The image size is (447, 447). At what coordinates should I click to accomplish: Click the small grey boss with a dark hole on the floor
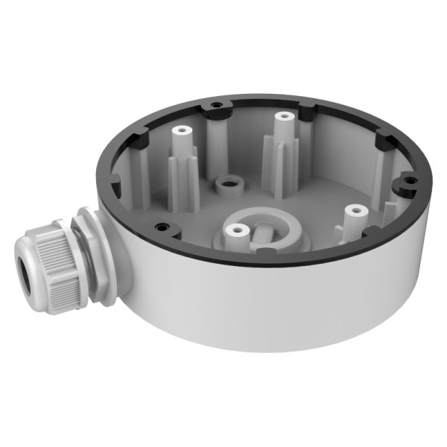[226, 182]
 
